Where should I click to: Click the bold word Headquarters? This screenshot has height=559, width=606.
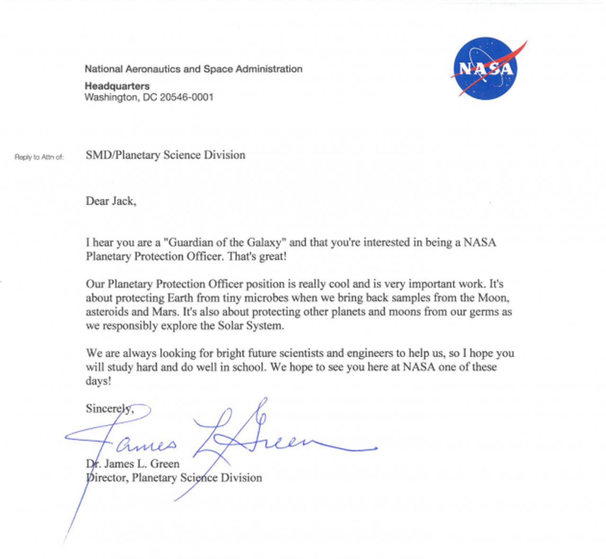point(117,86)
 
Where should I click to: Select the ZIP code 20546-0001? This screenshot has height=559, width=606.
point(187,97)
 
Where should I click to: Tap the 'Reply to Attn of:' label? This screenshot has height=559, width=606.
point(39,157)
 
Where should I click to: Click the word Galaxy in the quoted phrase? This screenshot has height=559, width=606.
point(265,243)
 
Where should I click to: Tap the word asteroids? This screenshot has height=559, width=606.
point(107,312)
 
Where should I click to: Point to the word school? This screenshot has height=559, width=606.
point(247,367)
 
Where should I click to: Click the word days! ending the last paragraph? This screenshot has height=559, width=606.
point(98,381)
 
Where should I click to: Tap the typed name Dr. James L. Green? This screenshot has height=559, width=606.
point(133,463)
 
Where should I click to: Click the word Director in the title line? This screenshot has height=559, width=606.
point(107,478)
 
